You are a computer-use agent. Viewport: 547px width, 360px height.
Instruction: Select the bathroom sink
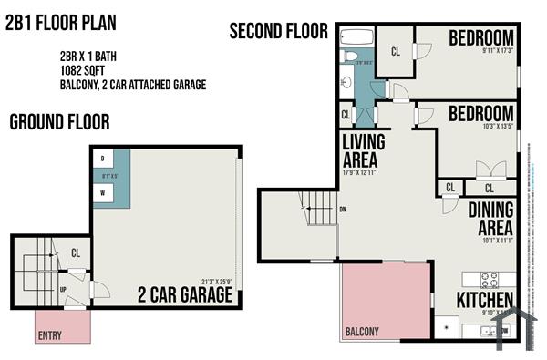pyautogui.click(x=345, y=82)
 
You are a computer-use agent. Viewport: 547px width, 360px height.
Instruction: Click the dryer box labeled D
pyautogui.click(x=102, y=158)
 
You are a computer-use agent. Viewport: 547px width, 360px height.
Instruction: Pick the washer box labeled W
pyautogui.click(x=102, y=192)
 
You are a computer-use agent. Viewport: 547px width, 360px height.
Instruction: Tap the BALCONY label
pyautogui.click(x=362, y=332)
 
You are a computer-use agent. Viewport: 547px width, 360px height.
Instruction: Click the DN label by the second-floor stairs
pyautogui.click(x=342, y=209)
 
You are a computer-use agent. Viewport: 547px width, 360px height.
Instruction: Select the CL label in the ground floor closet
pyautogui.click(x=76, y=252)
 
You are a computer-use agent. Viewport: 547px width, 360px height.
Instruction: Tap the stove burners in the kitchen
pyautogui.click(x=489, y=280)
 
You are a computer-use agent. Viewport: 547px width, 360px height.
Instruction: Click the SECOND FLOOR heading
pyautogui.click(x=278, y=31)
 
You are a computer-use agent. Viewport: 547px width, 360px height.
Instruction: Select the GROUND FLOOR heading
pyautogui.click(x=59, y=120)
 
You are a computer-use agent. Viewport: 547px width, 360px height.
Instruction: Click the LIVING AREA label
pyautogui.click(x=363, y=151)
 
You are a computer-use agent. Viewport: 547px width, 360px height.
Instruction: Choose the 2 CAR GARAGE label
pyautogui.click(x=185, y=295)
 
